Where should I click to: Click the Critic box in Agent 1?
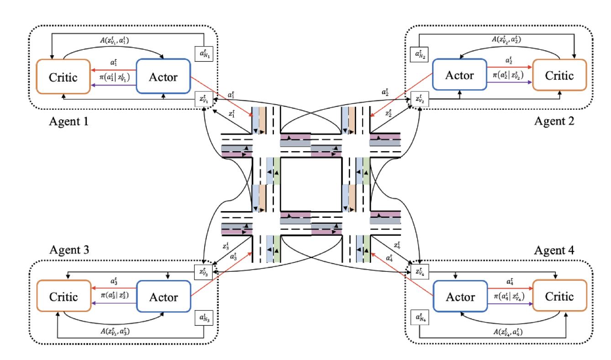(64, 77)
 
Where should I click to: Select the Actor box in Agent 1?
(163, 77)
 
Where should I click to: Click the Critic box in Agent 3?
(64, 296)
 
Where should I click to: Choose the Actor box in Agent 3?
(163, 297)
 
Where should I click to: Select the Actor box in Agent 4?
(459, 297)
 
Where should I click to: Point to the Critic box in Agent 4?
(559, 296)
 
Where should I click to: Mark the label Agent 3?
(70, 250)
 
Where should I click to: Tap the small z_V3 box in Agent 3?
(203, 272)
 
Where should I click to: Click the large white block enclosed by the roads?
(311, 183)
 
